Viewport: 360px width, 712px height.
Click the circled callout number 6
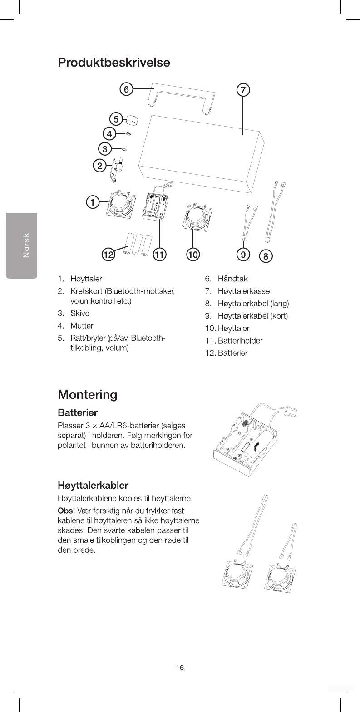click(x=126, y=89)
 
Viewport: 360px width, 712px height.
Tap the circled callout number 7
click(x=243, y=90)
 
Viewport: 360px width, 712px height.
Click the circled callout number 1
click(x=93, y=202)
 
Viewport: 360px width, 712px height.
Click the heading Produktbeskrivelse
click(x=114, y=63)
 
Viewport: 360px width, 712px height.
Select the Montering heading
click(x=87, y=394)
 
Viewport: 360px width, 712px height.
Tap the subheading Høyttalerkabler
click(x=93, y=486)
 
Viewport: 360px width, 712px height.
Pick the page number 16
click(x=180, y=667)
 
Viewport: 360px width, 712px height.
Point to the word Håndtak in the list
click(x=232, y=279)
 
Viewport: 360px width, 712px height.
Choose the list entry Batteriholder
click(x=240, y=340)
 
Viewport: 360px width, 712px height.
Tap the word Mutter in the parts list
click(x=82, y=326)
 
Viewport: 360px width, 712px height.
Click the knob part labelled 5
click(x=132, y=120)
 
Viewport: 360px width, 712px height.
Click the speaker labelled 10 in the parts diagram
click(x=195, y=217)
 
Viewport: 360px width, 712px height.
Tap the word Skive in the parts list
click(x=80, y=314)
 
